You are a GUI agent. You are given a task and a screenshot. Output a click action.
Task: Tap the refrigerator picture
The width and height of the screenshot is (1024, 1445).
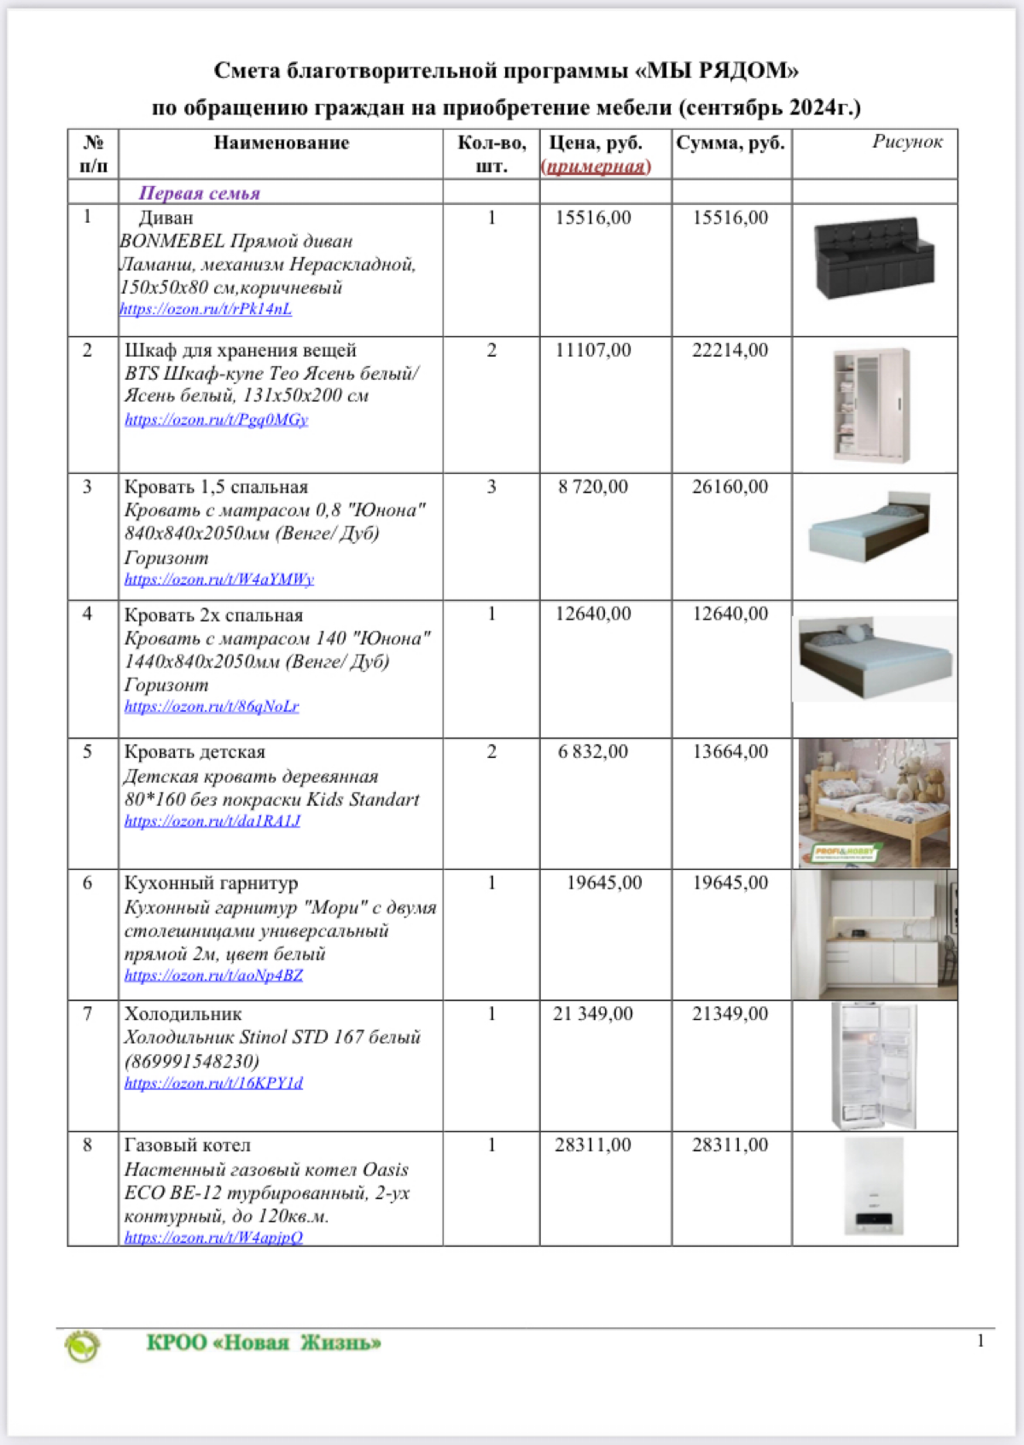point(874,1066)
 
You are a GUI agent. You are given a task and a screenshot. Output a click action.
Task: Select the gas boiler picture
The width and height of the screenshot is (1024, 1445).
point(874,1187)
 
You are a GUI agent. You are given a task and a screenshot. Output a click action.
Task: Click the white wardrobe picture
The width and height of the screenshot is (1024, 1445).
point(872,405)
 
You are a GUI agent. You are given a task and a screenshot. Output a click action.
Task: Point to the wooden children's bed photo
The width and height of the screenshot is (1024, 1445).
point(874,803)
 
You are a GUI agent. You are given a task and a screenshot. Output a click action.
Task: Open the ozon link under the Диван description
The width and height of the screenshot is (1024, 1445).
point(206,309)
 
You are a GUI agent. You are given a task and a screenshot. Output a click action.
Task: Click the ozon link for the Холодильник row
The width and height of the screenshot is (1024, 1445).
point(213,1083)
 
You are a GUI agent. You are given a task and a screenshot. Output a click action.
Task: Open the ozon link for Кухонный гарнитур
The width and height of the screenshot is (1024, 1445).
point(213,976)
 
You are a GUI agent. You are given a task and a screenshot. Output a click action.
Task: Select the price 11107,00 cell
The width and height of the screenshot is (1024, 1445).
point(593,350)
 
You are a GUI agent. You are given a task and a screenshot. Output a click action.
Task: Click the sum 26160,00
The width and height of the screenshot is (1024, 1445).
point(730,487)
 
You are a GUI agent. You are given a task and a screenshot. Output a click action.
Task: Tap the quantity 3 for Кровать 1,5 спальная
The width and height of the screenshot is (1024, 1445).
point(492,487)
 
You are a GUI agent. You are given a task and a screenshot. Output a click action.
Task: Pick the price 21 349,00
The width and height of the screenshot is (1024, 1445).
point(593,1014)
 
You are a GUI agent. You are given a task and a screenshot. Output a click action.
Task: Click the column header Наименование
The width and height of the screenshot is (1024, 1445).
point(282,143)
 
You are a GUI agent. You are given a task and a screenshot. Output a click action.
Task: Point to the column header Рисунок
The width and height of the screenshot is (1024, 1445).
point(907,142)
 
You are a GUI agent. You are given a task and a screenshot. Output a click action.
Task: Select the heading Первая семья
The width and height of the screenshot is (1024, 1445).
point(200,193)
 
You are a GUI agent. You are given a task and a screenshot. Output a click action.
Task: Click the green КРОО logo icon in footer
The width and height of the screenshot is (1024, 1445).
point(83,1345)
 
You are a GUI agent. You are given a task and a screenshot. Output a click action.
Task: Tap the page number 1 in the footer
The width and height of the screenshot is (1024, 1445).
point(980,1341)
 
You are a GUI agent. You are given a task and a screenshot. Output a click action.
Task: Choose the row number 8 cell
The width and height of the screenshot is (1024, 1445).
point(87,1145)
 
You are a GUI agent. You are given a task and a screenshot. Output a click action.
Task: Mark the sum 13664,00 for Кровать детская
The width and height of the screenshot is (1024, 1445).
point(730,752)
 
